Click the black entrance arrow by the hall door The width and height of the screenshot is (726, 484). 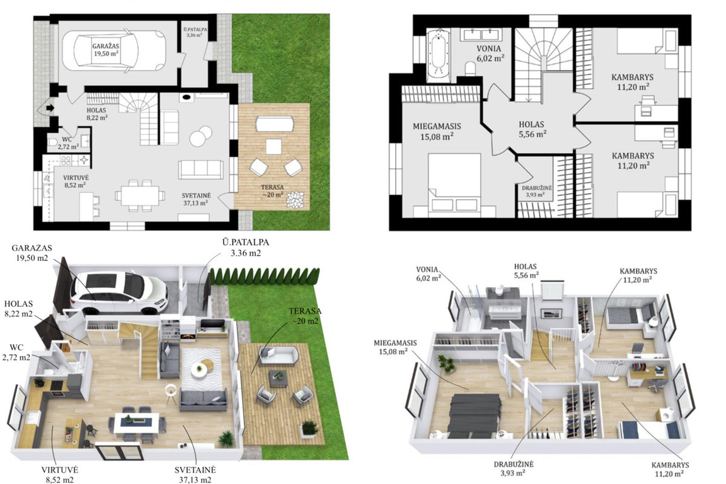(x=50, y=108)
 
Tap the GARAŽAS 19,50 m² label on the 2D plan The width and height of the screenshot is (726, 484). (x=105, y=50)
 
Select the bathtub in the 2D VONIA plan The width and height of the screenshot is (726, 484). (x=438, y=55)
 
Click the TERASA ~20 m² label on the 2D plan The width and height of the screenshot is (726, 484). (x=272, y=191)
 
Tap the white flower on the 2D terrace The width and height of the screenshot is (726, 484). (x=296, y=200)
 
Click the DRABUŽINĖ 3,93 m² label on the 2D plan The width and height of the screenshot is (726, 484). (x=537, y=192)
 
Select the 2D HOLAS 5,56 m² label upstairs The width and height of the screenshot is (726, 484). (x=532, y=129)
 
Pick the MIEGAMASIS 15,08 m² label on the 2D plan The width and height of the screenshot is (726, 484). (x=437, y=131)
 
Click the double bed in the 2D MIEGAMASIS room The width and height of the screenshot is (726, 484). (x=454, y=185)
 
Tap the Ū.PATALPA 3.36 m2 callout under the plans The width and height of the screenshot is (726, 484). (x=245, y=248)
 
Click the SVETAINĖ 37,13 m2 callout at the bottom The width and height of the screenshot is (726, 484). (x=195, y=475)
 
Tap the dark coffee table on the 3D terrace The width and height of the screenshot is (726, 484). (x=277, y=378)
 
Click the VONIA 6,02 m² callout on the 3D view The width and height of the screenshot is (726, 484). (x=429, y=274)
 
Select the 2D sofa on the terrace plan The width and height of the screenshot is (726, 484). (x=275, y=124)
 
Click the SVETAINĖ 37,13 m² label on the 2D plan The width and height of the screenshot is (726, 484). (x=196, y=199)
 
